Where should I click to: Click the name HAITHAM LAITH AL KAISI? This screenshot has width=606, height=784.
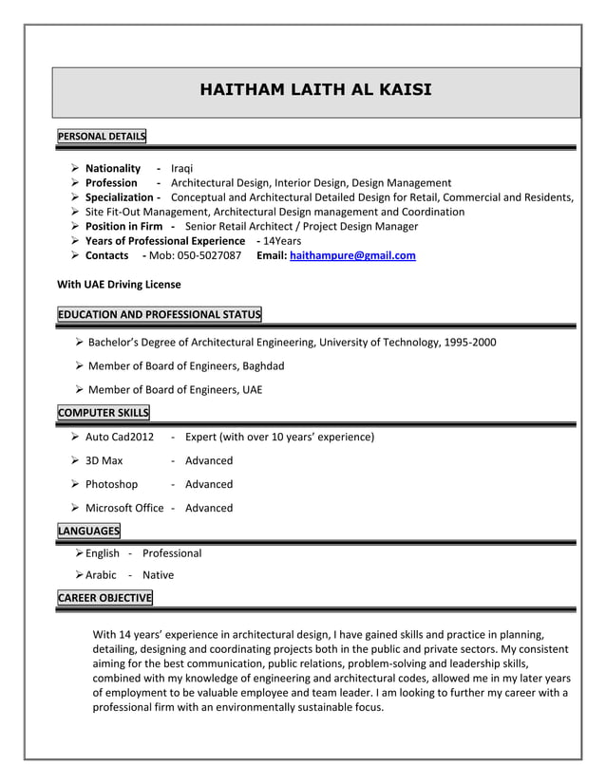pyautogui.click(x=315, y=91)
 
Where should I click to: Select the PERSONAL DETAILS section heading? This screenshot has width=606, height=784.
pyautogui.click(x=102, y=137)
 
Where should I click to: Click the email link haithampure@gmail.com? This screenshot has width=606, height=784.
pyautogui.click(x=352, y=256)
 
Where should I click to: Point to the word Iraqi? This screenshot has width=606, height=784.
pyautogui.click(x=182, y=168)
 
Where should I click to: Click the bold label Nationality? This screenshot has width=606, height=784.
pyautogui.click(x=113, y=168)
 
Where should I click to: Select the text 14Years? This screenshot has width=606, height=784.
pyautogui.click(x=282, y=241)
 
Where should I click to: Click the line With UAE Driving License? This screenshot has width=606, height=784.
pyautogui.click(x=119, y=284)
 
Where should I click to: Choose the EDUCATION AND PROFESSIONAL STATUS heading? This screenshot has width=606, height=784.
pyautogui.click(x=159, y=315)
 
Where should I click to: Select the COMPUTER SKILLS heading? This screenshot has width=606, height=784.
pyautogui.click(x=103, y=412)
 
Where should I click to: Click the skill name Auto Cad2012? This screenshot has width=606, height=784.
pyautogui.click(x=120, y=437)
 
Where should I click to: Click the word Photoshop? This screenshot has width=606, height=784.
pyautogui.click(x=111, y=484)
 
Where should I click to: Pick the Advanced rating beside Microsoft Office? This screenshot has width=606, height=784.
pyautogui.click(x=209, y=508)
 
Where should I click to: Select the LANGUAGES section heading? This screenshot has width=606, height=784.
pyautogui.click(x=88, y=531)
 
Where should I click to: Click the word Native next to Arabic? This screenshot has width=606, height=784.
pyautogui.click(x=159, y=574)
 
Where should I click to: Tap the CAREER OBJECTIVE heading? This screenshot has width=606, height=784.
pyautogui.click(x=104, y=598)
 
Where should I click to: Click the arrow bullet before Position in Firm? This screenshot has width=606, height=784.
pyautogui.click(x=75, y=227)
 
